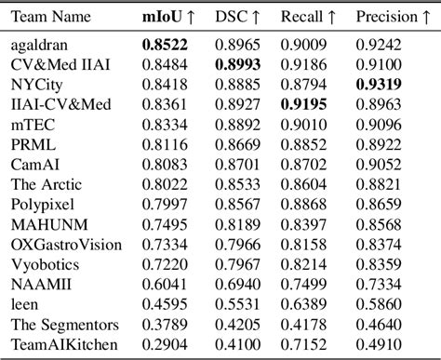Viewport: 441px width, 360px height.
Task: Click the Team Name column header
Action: click(x=52, y=17)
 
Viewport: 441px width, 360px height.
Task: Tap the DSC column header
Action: click(x=237, y=17)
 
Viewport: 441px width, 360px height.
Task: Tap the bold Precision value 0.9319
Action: click(x=382, y=84)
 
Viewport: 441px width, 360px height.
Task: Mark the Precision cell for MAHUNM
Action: click(x=382, y=224)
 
